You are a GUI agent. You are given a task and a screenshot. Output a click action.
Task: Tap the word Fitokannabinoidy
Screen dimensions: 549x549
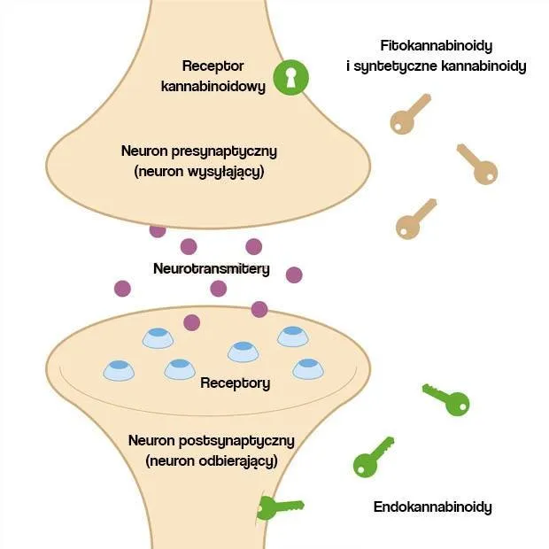[x=436, y=45]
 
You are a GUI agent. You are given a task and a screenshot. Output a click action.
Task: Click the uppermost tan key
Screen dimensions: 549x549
[x=411, y=113]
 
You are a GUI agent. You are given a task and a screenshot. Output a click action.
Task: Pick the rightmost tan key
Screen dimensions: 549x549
[x=476, y=164]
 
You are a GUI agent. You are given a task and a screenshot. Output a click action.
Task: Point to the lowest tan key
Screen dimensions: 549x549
[x=415, y=219]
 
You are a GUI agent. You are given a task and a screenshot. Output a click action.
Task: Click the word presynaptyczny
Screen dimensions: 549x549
[x=224, y=151]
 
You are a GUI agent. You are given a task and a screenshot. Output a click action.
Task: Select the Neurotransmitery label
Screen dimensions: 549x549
[x=212, y=267]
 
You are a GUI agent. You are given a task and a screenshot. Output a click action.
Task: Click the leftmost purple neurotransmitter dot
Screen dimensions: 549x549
[x=122, y=288]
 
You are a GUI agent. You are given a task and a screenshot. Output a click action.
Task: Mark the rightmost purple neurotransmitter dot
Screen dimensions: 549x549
[x=294, y=274]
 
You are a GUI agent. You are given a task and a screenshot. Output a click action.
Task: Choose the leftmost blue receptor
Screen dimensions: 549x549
[x=118, y=369]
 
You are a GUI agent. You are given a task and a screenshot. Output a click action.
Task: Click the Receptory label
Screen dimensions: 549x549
[x=236, y=383]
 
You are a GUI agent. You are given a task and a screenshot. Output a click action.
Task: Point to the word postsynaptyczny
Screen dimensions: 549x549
[x=236, y=439]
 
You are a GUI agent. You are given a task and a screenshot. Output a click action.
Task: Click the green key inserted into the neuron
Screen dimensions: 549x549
[x=278, y=507]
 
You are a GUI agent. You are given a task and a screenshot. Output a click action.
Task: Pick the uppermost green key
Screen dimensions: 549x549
[x=446, y=399]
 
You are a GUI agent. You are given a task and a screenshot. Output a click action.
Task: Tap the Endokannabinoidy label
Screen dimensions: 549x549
[x=432, y=507]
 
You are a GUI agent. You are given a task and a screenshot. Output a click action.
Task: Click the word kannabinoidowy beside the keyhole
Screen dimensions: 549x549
[x=213, y=88]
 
